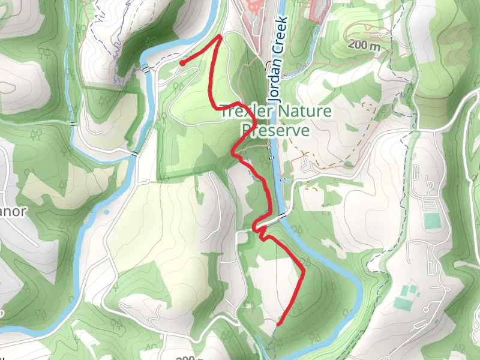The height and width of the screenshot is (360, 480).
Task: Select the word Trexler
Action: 245,112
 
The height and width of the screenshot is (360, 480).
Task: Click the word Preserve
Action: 275,130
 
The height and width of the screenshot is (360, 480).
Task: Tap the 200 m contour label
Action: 364,46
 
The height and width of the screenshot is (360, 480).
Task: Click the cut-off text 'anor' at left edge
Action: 13,213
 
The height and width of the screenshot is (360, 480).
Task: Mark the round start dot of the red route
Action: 182,62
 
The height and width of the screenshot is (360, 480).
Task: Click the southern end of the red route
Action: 278,324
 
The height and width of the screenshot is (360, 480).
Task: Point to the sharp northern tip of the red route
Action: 221,37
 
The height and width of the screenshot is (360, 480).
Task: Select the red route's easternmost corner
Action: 304,271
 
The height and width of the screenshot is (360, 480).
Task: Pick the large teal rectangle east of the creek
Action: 431,221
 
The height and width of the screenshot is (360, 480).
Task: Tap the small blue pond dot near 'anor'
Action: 106,212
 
